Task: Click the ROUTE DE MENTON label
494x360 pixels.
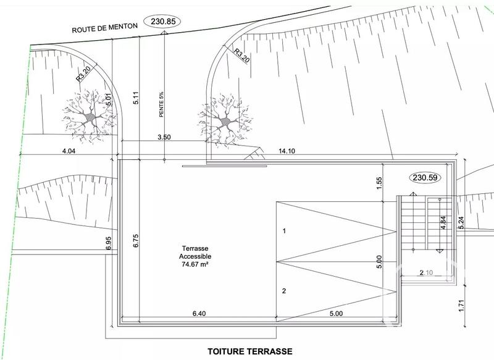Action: (105, 28)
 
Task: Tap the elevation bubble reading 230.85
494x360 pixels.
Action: (162, 22)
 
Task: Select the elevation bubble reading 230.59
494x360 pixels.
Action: (425, 178)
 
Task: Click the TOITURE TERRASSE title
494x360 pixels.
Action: (250, 351)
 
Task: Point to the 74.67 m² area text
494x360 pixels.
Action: (195, 264)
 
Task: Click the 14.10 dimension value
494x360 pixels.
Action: (287, 151)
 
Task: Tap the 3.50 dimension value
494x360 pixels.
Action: (164, 137)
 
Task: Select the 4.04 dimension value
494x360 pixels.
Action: (69, 151)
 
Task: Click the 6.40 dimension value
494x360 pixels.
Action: (199, 314)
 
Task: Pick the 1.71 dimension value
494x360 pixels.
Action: (462, 306)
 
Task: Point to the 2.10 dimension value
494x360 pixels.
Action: (426, 272)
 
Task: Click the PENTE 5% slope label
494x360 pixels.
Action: (161, 104)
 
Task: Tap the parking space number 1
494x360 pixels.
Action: (284, 231)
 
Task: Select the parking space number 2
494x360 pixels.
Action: (284, 291)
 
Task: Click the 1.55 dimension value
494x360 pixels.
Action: (379, 183)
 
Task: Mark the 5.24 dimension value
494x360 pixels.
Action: (461, 223)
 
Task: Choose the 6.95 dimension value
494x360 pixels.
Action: (109, 243)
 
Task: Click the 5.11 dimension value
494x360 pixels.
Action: (136, 98)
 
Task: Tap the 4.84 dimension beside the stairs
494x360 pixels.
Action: (443, 223)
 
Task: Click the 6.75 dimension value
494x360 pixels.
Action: (136, 241)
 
